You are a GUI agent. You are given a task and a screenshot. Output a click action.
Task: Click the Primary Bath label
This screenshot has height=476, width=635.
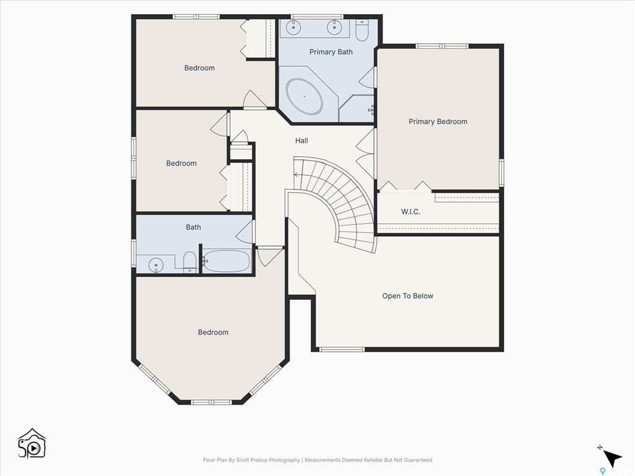coord(331,52)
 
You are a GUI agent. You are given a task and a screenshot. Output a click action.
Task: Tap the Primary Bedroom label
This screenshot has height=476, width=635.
coord(438,121)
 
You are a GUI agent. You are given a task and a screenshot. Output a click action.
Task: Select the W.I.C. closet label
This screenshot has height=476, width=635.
coord(411,211)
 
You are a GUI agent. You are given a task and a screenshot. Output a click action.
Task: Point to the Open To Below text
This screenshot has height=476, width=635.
coord(408,296)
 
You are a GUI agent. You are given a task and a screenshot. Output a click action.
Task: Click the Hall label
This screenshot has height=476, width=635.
coord(301,141)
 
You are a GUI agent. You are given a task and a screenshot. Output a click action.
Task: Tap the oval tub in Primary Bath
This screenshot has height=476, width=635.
coord(304,96)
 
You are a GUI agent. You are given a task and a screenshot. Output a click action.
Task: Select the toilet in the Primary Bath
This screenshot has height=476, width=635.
coord(362,31)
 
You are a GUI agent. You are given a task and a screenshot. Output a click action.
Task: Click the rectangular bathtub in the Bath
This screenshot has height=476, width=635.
coord(226,261)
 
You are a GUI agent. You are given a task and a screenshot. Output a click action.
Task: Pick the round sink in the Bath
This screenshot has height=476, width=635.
coord(156,265)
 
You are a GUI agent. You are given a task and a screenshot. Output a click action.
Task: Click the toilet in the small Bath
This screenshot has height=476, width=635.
coord(190,262)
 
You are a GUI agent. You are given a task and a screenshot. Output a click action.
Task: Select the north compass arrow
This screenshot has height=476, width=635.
coord(612,459)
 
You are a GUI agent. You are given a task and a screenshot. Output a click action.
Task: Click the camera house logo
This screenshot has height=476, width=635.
coord(32,444)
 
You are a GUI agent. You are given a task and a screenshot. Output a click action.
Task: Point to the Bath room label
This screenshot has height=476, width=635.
coord(193,227)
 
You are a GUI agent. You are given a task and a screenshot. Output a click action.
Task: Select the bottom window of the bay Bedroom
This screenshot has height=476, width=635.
coord(211,402)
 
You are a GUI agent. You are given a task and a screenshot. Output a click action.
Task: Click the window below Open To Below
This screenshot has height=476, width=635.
coord(342,349)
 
